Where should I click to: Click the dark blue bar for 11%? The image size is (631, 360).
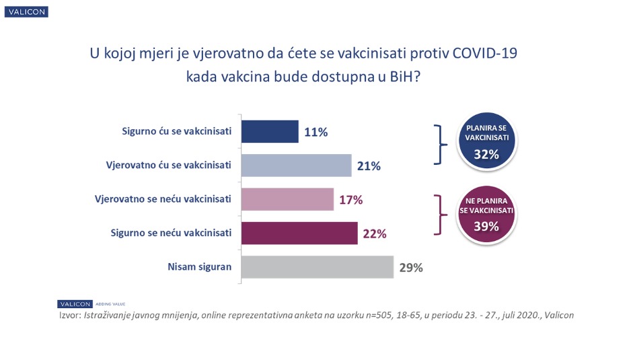pyautogui.click(x=269, y=131)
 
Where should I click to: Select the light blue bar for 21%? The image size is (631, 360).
pyautogui.click(x=296, y=166)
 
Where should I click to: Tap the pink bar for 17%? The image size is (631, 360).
pyautogui.click(x=287, y=199)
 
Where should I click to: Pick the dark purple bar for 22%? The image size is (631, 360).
pyautogui.click(x=299, y=233)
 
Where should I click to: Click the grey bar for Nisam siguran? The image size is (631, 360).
pyautogui.click(x=317, y=266)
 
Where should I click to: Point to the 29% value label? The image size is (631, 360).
pyautogui.click(x=410, y=267)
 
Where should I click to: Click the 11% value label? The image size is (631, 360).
pyautogui.click(x=315, y=132)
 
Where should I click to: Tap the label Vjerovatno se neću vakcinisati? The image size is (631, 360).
pyautogui.click(x=164, y=199)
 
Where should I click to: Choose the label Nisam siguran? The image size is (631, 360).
pyautogui.click(x=199, y=266)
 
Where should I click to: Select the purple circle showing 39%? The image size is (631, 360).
pyautogui.click(x=486, y=213)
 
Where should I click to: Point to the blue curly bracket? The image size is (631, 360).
pyautogui.click(x=439, y=143)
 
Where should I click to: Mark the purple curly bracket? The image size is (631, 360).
pyautogui.click(x=439, y=215)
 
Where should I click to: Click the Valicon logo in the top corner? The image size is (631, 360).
pyautogui.click(x=26, y=12)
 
